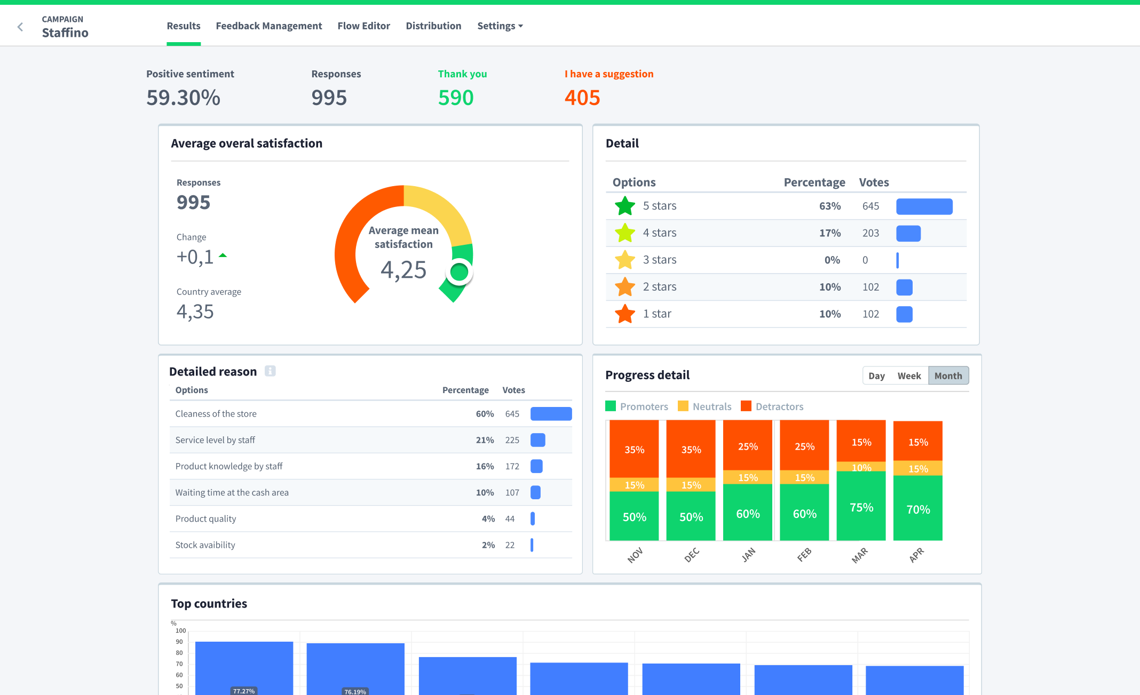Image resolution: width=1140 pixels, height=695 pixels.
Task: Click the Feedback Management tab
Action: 268,26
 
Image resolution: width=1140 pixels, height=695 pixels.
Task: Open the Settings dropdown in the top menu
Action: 500,26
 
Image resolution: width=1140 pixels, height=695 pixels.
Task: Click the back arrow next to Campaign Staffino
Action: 20,27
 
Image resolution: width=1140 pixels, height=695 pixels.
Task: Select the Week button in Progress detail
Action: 908,376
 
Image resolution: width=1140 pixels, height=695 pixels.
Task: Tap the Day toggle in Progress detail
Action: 876,376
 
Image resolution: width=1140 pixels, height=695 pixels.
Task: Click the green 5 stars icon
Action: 624,206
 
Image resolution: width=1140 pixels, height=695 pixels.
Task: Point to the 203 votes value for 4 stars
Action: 870,233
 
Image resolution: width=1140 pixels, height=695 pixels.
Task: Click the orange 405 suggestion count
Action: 582,98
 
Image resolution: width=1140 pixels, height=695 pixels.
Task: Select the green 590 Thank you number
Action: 455,98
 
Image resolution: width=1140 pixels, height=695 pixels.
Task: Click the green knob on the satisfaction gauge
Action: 459,272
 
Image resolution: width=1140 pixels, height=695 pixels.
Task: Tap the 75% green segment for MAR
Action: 861,507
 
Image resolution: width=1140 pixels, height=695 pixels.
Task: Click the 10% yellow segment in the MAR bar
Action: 861,467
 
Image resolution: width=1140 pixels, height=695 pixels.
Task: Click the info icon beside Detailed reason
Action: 270,371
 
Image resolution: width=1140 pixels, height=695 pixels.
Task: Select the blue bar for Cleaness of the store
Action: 551,414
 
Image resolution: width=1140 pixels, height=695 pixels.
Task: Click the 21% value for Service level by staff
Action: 485,440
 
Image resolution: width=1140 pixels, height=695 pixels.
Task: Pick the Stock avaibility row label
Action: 205,545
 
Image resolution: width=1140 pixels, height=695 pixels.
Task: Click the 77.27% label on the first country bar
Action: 243,691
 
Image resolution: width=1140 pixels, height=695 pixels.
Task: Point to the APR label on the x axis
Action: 916,555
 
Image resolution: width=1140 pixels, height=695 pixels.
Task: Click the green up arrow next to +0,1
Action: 223,255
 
